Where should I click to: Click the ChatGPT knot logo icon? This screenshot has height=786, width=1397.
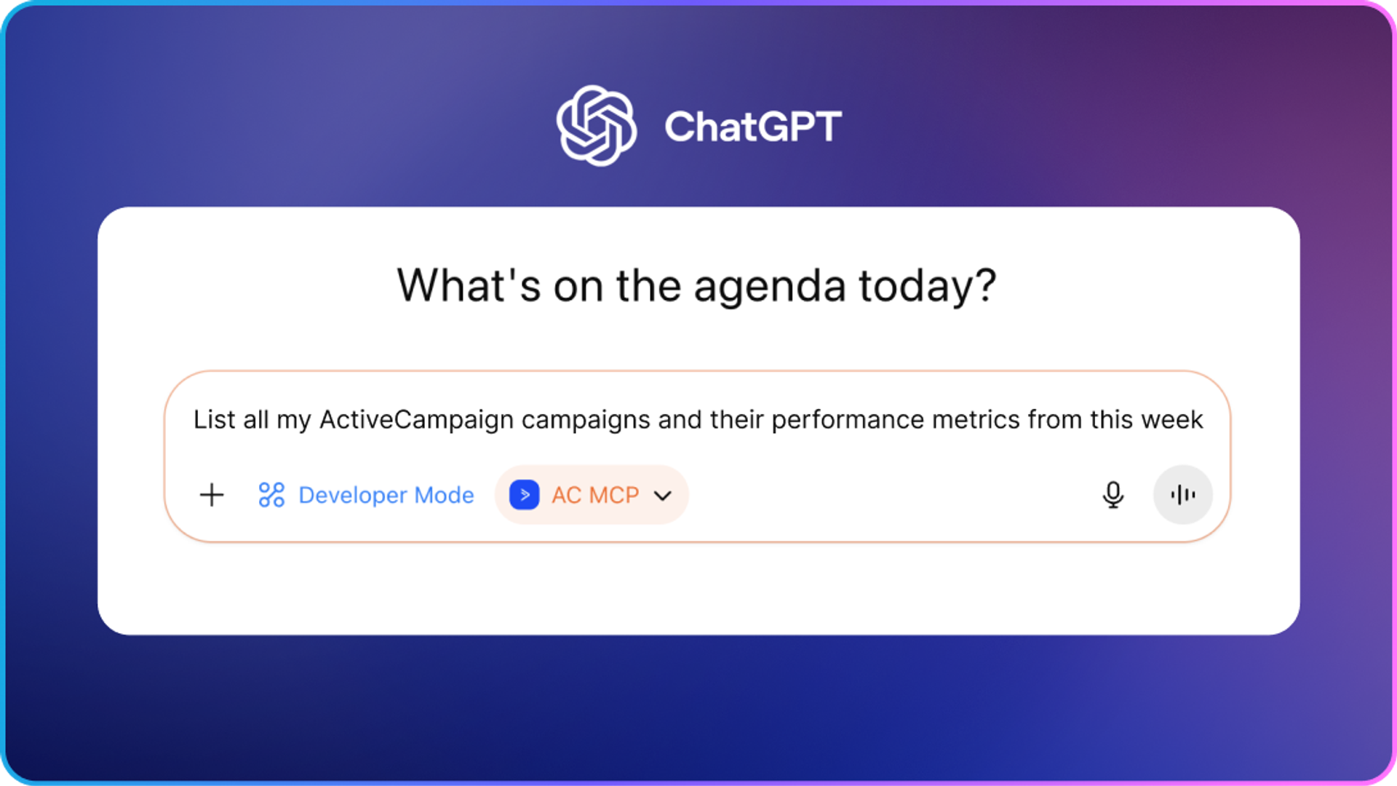(x=597, y=126)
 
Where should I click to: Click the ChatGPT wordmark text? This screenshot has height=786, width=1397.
(x=753, y=127)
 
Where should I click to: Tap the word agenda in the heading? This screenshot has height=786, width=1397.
(x=770, y=287)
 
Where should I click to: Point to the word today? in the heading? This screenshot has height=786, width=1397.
(x=928, y=285)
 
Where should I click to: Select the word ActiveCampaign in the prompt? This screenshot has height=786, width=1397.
(x=417, y=420)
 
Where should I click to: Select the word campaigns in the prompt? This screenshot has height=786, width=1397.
(x=586, y=421)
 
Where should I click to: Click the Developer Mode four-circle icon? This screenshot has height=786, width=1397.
(x=271, y=495)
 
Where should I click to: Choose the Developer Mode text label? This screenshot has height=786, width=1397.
(x=386, y=495)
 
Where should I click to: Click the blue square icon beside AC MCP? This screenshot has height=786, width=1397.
(x=525, y=495)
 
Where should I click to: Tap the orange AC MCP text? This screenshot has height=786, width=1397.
(x=595, y=495)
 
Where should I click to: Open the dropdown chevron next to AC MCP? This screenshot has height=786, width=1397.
(x=663, y=496)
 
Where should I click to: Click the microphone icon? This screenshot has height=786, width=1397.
(x=1113, y=495)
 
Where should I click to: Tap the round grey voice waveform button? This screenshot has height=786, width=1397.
(x=1183, y=495)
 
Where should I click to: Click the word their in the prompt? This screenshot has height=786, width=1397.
(x=737, y=420)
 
